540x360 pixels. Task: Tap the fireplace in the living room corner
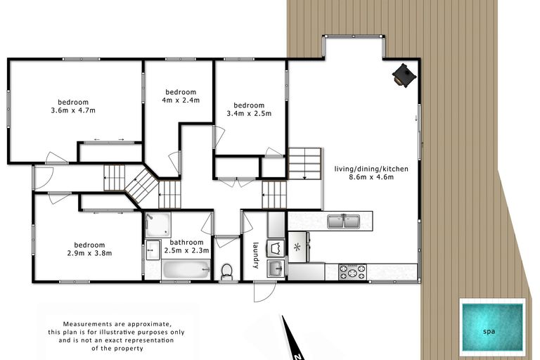coord(404,75)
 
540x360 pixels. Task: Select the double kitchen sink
coord(344,222)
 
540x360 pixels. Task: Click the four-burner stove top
coord(352,271)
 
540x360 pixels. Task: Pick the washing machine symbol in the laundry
coord(276,247)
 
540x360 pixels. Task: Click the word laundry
coord(257,255)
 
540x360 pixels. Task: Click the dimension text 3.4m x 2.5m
coord(249,113)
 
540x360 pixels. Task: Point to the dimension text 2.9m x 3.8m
coord(90,253)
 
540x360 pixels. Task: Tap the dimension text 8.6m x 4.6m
coord(373,178)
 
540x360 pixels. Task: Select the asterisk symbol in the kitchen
coord(297,247)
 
